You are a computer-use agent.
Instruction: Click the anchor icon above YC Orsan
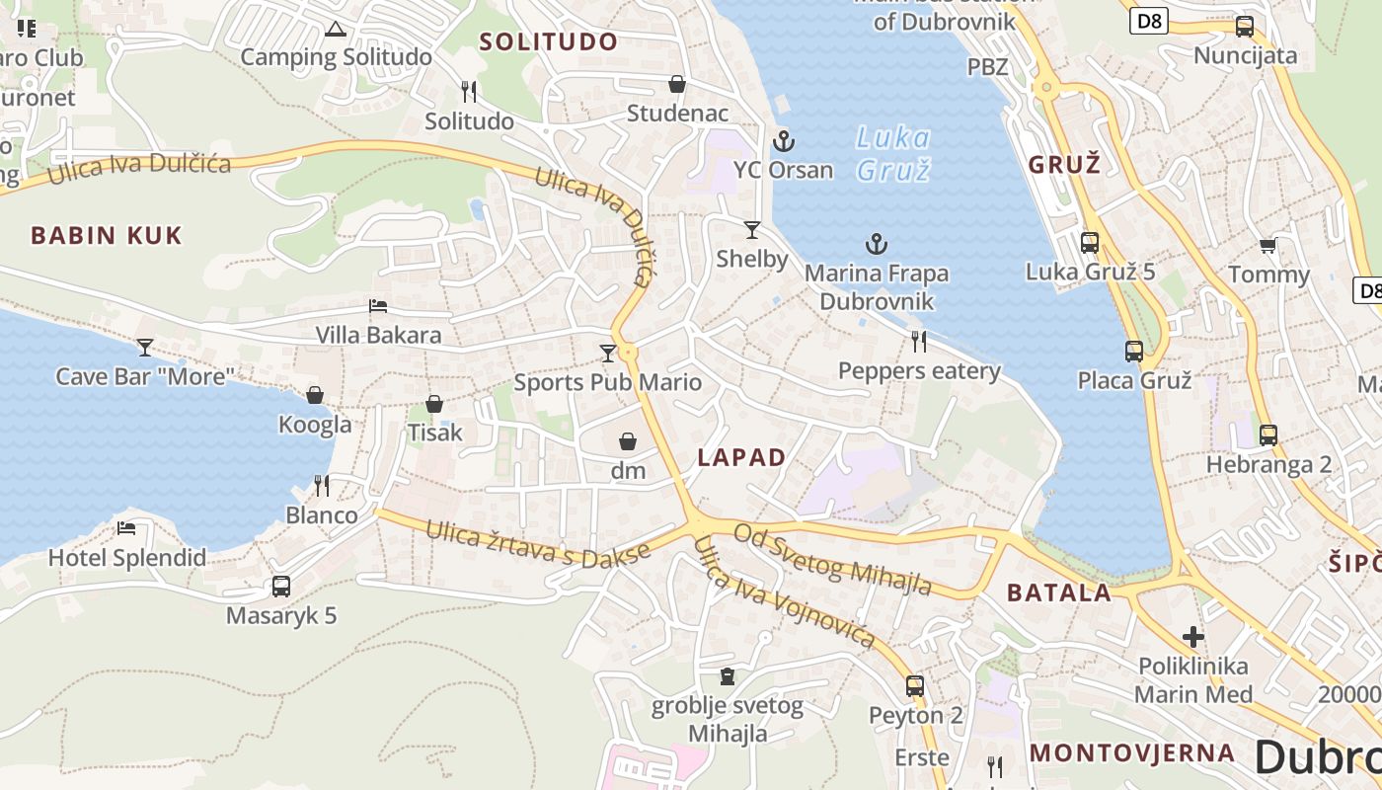click(784, 140)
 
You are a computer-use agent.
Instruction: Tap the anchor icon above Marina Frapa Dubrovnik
click(876, 243)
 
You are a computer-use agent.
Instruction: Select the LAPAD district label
click(741, 457)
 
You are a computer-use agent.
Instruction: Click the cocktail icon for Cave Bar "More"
click(145, 347)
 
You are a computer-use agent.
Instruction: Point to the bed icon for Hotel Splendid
click(126, 528)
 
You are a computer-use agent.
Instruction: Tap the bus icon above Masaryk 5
click(281, 587)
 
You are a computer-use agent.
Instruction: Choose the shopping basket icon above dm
click(628, 441)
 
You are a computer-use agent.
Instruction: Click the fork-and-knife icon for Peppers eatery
click(919, 342)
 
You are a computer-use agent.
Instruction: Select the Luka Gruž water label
click(892, 153)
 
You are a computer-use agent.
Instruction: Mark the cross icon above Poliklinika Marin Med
click(1193, 637)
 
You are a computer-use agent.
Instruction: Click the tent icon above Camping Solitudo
click(336, 29)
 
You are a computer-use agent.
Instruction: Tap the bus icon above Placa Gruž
click(1134, 351)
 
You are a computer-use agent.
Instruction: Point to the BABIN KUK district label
click(107, 235)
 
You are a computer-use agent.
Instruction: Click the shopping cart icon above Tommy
click(1268, 245)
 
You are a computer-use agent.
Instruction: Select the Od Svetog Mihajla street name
click(833, 559)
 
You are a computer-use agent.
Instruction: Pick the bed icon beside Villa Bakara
click(378, 306)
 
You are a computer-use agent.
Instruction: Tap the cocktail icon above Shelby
click(752, 230)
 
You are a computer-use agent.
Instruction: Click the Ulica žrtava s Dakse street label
click(538, 542)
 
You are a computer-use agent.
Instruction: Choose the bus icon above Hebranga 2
click(1268, 434)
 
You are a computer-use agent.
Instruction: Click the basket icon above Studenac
click(677, 84)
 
